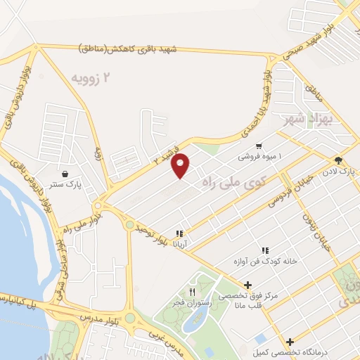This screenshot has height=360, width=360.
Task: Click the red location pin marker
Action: [x=181, y=165]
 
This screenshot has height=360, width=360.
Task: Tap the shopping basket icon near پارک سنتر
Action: [x=65, y=174]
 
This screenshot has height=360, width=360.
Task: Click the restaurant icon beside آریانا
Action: [x=180, y=233]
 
